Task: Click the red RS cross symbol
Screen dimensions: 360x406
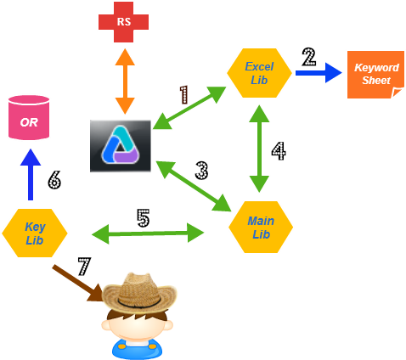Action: [124, 22]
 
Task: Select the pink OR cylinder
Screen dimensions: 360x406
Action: [29, 117]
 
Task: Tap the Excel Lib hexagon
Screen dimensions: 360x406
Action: [259, 73]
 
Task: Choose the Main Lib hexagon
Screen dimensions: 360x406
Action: [261, 227]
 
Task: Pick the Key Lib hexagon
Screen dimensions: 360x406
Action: [35, 233]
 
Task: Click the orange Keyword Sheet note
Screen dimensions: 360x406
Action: [375, 74]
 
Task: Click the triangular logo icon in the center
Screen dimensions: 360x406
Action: [121, 146]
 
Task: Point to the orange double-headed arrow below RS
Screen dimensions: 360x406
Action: [125, 82]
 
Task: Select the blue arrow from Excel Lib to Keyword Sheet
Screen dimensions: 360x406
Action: [319, 73]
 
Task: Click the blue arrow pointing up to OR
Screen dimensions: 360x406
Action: [31, 174]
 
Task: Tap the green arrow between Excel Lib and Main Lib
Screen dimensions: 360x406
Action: [259, 149]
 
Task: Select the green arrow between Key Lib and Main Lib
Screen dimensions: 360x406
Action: [148, 233]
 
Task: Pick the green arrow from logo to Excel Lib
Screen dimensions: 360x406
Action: [189, 108]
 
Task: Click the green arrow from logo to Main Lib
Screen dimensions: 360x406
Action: [193, 185]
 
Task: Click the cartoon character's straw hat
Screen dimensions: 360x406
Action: [140, 292]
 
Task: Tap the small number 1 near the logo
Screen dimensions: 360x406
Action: [183, 94]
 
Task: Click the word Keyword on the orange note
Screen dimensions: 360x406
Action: [376, 67]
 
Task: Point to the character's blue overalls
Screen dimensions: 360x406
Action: [137, 348]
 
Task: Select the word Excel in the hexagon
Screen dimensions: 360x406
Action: [259, 66]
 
